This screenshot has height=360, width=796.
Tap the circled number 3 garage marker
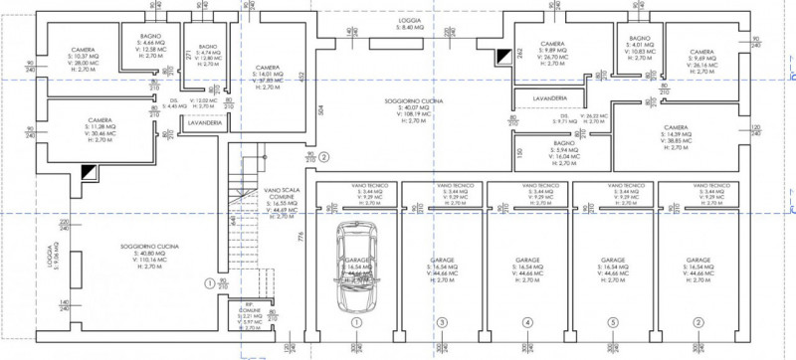(x=443, y=323)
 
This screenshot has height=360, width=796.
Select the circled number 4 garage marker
(x=527, y=323)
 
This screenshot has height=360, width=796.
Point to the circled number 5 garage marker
(x=613, y=323)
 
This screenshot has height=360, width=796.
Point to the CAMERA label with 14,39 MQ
(x=678, y=128)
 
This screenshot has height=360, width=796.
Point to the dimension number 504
(x=320, y=111)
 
